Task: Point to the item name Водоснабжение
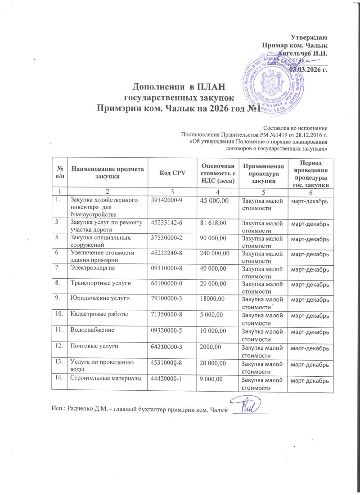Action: click(90, 330)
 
